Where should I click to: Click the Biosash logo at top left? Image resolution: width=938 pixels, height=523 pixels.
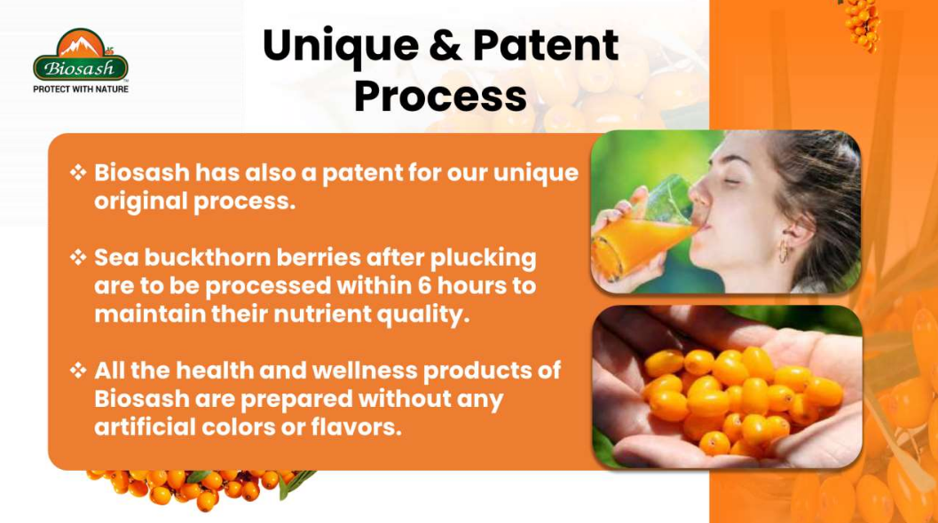point(81,54)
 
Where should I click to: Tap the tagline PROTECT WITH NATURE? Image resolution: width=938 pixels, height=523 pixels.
point(81,89)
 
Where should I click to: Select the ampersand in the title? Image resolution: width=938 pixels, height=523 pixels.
point(446,45)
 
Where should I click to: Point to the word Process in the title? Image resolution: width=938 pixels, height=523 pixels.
point(440,96)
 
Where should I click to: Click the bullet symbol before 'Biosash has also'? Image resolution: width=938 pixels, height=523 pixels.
point(78,173)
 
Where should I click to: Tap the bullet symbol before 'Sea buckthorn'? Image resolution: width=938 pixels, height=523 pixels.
point(78,258)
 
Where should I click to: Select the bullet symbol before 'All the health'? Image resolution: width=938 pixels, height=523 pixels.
point(78,371)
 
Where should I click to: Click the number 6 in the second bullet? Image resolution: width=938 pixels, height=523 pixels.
point(425,285)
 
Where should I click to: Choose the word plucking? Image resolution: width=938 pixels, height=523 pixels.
point(483,259)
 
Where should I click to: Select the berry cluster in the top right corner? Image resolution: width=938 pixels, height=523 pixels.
point(862,24)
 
